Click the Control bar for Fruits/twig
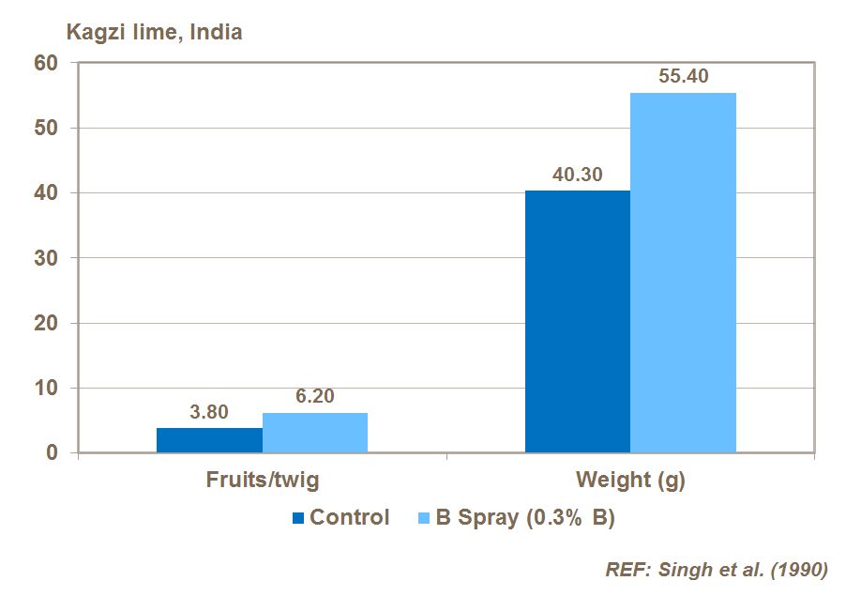pos(209,440)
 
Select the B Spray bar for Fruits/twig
pos(315,433)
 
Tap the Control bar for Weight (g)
pos(578,321)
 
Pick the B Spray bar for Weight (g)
pos(683,272)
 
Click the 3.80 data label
pos(209,413)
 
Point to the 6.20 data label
pos(315,397)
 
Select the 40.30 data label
pos(578,175)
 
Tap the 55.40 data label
pos(684,77)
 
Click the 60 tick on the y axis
pos(47,63)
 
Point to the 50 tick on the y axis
pos(47,128)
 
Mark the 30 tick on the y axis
pos(47,258)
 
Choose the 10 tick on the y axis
pos(47,388)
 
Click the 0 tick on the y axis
pos(53,453)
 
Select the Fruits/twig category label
pos(263,481)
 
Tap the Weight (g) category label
pos(630,481)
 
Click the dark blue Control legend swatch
pos(299,518)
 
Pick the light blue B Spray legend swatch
pos(422,518)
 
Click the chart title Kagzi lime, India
pos(153,32)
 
